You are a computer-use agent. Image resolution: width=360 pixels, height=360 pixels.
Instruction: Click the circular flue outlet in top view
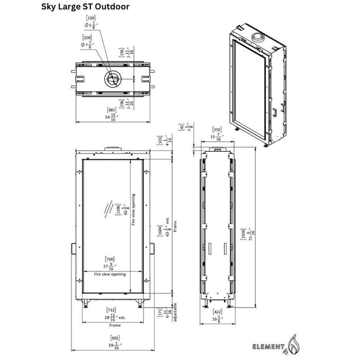112,79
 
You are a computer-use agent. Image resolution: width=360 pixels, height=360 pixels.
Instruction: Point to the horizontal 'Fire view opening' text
110,275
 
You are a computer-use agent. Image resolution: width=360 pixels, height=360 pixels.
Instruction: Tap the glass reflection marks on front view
108,208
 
